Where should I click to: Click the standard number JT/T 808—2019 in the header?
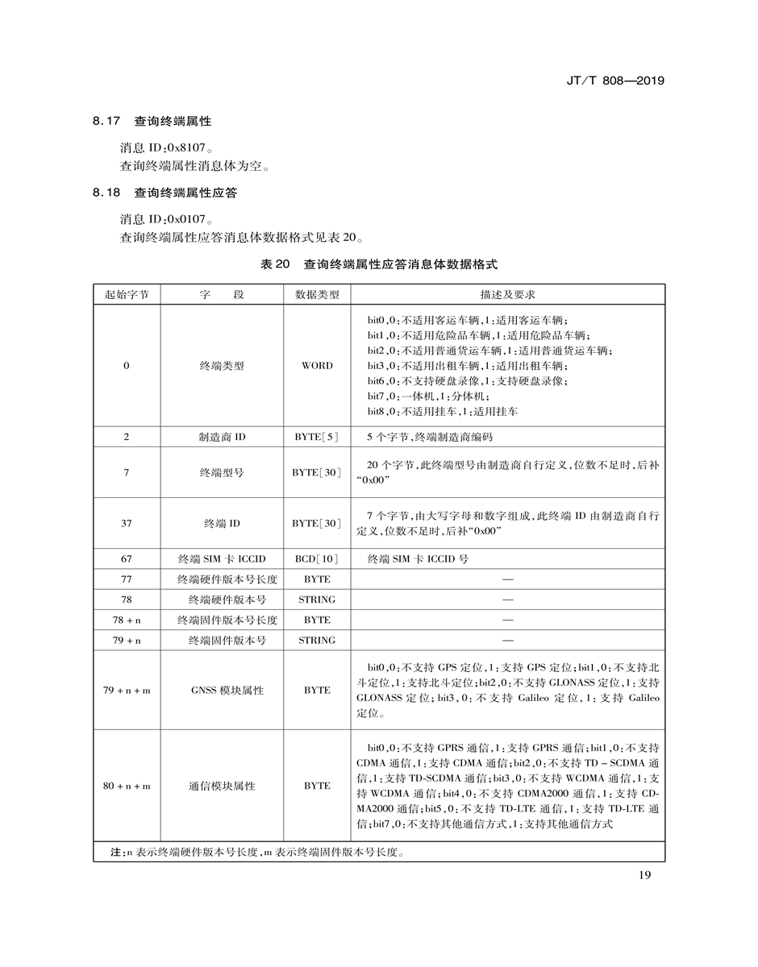pyautogui.click(x=615, y=81)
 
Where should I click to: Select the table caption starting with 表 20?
pyautogui.click(x=379, y=264)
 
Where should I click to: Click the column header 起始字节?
pyautogui.click(x=127, y=295)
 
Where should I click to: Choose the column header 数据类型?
pyautogui.click(x=317, y=295)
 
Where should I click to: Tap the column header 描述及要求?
pyautogui.click(x=507, y=295)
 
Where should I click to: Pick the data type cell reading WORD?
pyautogui.click(x=317, y=366)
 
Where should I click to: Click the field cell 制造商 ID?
pyautogui.click(x=222, y=437)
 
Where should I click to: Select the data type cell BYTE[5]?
pyautogui.click(x=317, y=437)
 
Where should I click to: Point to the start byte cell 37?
pyautogui.click(x=127, y=523)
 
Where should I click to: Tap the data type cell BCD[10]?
pyautogui.click(x=317, y=558)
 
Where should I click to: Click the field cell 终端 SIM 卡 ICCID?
pyautogui.click(x=222, y=558)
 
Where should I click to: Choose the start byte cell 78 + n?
pyautogui.click(x=127, y=620)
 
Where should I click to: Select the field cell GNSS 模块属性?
pyautogui.click(x=222, y=691)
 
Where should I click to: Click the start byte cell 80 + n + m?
pyautogui.click(x=127, y=786)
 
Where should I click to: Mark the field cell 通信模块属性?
pyautogui.click(x=222, y=786)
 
